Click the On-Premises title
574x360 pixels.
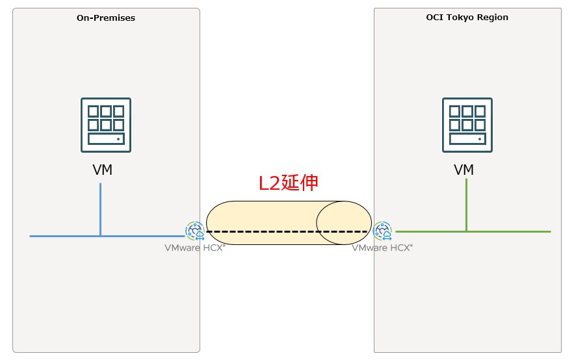(x=106, y=18)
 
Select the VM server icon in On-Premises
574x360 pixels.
(x=106, y=125)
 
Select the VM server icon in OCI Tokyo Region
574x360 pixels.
(x=467, y=125)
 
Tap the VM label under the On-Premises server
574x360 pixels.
(x=102, y=170)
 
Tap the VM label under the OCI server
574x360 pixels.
(x=463, y=170)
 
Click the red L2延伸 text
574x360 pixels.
(x=288, y=183)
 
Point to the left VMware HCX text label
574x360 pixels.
(x=194, y=248)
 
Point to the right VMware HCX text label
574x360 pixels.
(x=382, y=248)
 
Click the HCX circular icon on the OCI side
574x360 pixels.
(x=382, y=231)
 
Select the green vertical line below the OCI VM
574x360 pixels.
(x=466, y=205)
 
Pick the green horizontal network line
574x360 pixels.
(x=507, y=231)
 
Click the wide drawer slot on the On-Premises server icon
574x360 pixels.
(x=106, y=140)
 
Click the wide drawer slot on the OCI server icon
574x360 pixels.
(x=467, y=140)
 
